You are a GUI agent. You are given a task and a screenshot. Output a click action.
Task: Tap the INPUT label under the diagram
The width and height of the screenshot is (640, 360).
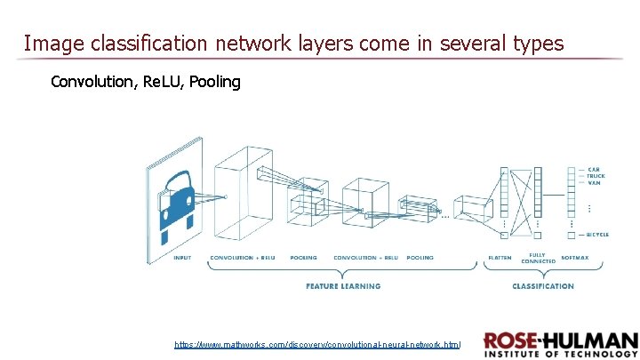(182, 258)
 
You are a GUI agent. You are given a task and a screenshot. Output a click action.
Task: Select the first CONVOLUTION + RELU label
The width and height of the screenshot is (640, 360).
(243, 258)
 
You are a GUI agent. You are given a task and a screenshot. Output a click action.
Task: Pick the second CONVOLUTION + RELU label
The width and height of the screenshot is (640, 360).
(366, 258)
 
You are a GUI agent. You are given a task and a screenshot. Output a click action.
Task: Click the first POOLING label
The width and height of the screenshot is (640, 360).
(303, 258)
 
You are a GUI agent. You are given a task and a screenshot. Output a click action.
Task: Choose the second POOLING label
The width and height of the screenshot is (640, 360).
(420, 258)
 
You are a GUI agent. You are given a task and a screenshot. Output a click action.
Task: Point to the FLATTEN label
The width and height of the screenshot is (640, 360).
(500, 258)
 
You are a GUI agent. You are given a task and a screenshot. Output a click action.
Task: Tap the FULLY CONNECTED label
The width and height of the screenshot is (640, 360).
(537, 257)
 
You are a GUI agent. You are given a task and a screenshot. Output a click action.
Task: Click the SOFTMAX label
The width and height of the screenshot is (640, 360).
(574, 258)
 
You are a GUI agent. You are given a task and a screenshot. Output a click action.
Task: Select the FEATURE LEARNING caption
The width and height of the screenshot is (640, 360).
(343, 286)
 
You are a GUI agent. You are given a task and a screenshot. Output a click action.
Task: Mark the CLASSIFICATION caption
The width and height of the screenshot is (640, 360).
(543, 286)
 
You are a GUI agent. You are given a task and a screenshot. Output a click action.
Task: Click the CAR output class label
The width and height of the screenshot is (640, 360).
(593, 169)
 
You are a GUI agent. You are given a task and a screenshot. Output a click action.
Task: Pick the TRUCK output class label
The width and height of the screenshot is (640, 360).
(596, 176)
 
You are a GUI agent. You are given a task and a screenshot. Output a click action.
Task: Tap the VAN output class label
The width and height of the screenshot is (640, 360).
(593, 183)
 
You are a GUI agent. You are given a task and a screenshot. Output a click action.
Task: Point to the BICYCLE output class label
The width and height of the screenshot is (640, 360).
(597, 235)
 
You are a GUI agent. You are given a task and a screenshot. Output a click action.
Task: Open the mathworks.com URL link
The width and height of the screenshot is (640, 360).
(317, 343)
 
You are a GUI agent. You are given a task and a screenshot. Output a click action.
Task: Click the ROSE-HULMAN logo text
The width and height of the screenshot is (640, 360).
(561, 341)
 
